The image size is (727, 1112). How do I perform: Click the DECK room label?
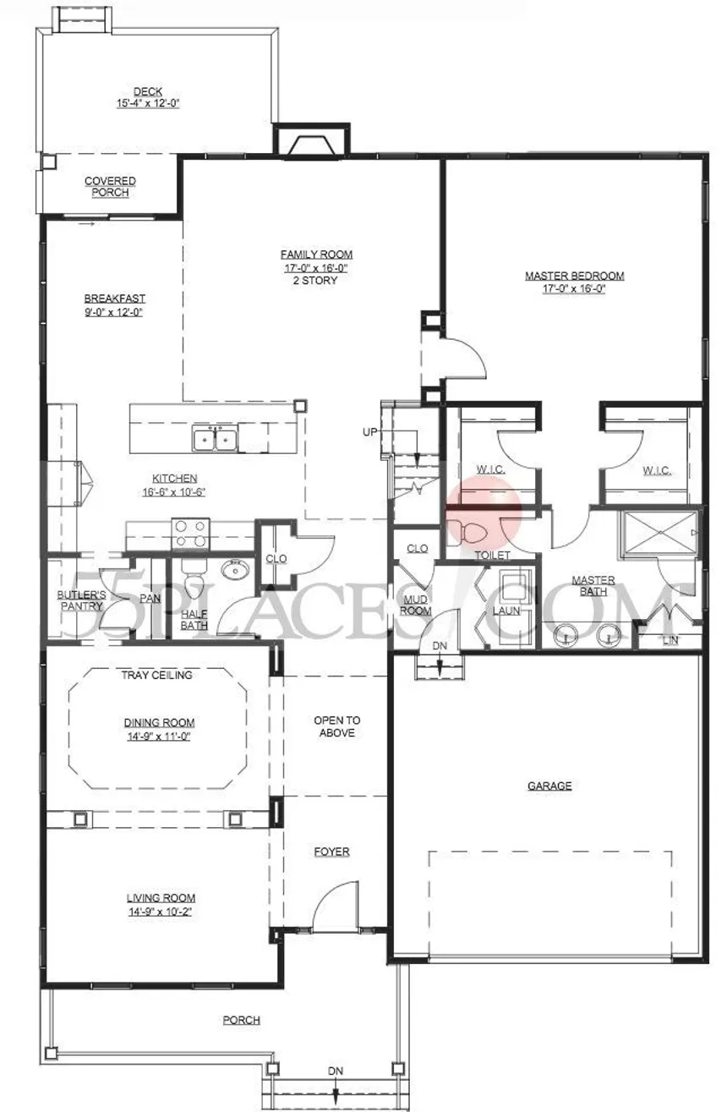tap(148, 91)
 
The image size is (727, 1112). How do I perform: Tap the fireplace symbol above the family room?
tap(311, 145)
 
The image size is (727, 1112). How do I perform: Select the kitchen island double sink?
tap(215, 438)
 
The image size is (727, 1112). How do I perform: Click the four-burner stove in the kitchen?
tap(190, 534)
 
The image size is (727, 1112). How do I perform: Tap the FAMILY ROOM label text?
tap(317, 255)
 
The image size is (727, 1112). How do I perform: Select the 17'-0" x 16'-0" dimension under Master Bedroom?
tap(574, 288)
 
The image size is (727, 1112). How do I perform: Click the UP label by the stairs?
tap(369, 432)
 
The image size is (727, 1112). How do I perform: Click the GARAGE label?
tap(549, 786)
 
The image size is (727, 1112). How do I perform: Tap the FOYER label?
tap(331, 852)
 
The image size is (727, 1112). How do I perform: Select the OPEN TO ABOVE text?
tap(337, 726)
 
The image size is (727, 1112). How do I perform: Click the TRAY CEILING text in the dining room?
tap(157, 675)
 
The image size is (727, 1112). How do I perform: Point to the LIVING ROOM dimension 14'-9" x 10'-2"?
tap(160, 912)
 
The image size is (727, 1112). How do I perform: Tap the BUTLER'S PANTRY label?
tap(81, 600)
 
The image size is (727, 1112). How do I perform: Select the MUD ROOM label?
tap(415, 605)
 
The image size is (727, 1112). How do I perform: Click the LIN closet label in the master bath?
tap(670, 640)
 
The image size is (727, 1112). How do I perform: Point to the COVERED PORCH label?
tap(110, 187)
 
